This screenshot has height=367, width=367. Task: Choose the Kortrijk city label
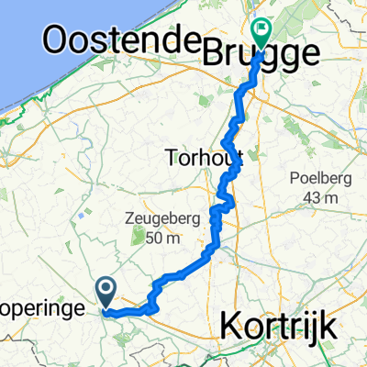click(x=281, y=325)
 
